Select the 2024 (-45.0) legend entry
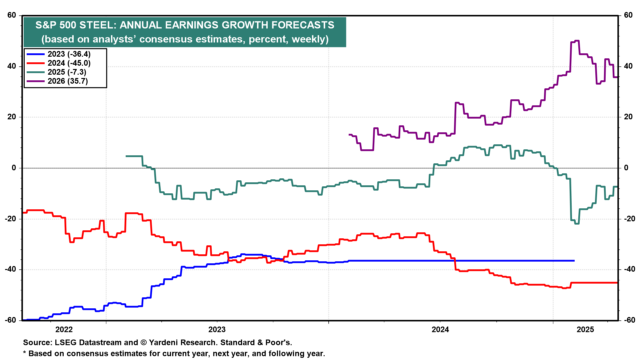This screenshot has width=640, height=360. [x=69, y=63]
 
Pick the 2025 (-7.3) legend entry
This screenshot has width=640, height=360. [x=67, y=72]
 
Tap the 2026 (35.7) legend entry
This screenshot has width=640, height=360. [x=68, y=81]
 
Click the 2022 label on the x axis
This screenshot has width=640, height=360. [x=64, y=330]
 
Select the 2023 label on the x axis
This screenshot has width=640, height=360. [x=217, y=330]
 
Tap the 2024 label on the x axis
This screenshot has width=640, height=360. [x=440, y=330]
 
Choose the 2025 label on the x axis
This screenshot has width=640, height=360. [x=585, y=330]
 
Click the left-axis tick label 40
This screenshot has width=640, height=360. [x=12, y=66]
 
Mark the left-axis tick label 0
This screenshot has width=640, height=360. [x=14, y=168]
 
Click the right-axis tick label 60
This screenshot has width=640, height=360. [x=628, y=15]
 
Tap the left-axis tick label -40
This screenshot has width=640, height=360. [x=10, y=269]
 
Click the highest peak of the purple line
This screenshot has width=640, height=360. [x=577, y=41]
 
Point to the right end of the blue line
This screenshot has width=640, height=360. [x=574, y=261]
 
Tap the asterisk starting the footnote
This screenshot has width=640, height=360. [x=24, y=353]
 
